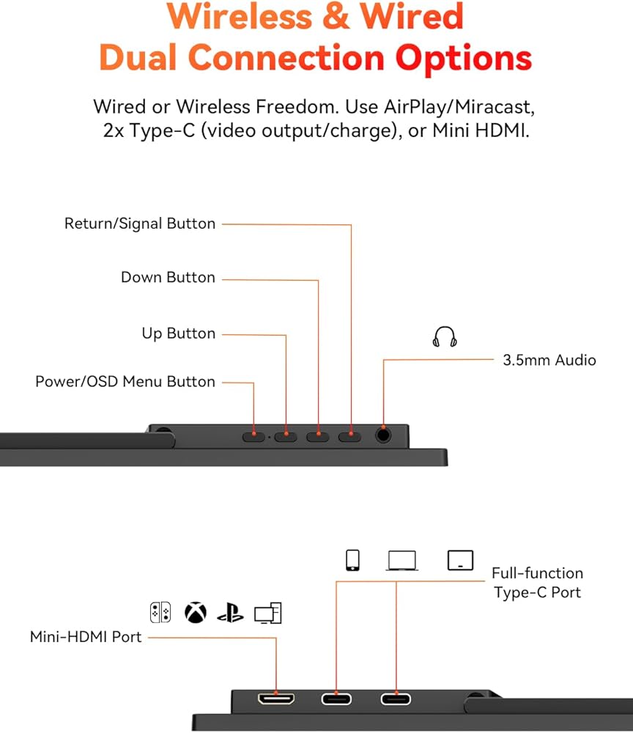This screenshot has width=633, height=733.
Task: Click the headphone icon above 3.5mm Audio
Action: [x=444, y=336]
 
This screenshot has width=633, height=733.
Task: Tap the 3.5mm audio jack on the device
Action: [x=383, y=435]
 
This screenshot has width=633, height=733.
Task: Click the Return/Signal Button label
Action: [x=140, y=224]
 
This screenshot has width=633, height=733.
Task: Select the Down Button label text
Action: [x=168, y=278]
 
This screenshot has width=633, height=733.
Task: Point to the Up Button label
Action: [x=178, y=334]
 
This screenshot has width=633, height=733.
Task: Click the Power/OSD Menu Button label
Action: [x=125, y=382]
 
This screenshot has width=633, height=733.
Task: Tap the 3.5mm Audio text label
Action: [x=549, y=360]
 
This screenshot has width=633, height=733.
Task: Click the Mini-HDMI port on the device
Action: [x=275, y=698]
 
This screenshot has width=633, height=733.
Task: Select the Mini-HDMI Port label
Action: [x=86, y=637]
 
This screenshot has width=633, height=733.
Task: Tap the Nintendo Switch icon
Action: [x=160, y=612]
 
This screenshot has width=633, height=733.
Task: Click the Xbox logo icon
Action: [x=195, y=612]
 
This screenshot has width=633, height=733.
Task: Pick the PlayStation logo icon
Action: [x=230, y=612]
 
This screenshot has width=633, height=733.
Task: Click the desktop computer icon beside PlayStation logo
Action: [x=267, y=613]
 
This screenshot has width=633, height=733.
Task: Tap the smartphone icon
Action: [x=352, y=561]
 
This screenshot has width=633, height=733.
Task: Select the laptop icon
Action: [x=401, y=561]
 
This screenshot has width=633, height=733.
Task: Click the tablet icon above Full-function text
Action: [x=460, y=561]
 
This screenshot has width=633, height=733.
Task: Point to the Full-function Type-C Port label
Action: [x=537, y=583]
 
